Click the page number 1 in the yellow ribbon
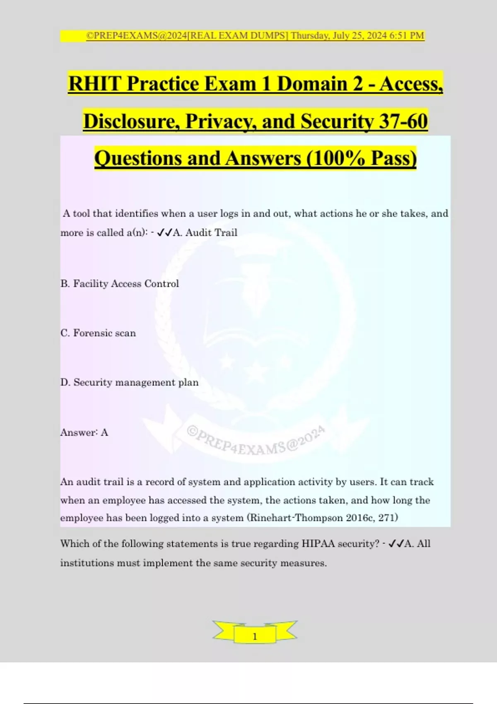pos(255,636)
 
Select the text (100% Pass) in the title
pos(362,159)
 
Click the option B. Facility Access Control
pos(120,284)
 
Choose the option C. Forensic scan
pos(98,333)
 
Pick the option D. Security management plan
pos(129,382)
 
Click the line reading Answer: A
pos(84,432)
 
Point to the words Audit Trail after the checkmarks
pos(211,232)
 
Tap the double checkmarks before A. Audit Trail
pos(165,232)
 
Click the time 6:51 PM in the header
pos(407,36)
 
